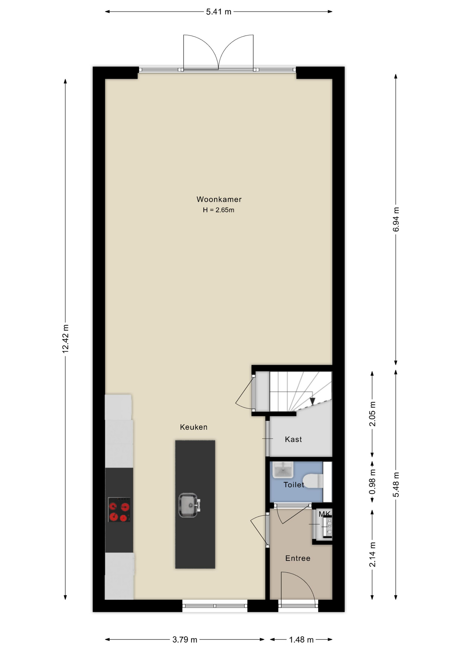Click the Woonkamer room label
[x=219, y=199]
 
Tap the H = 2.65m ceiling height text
[x=219, y=210]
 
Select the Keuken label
[x=193, y=427]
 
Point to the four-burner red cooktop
[x=119, y=510]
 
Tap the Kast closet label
[x=293, y=439]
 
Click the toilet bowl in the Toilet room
[x=313, y=481]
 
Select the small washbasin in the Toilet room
[x=283, y=470]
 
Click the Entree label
[x=298, y=558]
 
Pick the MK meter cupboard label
[x=325, y=514]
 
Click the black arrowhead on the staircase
[x=312, y=401]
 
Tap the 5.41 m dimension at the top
[x=219, y=12]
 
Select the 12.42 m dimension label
[x=66, y=339]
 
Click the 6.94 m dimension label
[x=396, y=219]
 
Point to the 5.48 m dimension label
[x=396, y=485]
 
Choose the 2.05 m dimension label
[x=372, y=414]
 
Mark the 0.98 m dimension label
[x=372, y=482]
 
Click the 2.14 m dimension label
[x=372, y=554]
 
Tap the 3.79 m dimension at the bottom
[x=185, y=640]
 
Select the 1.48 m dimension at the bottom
[x=301, y=640]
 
